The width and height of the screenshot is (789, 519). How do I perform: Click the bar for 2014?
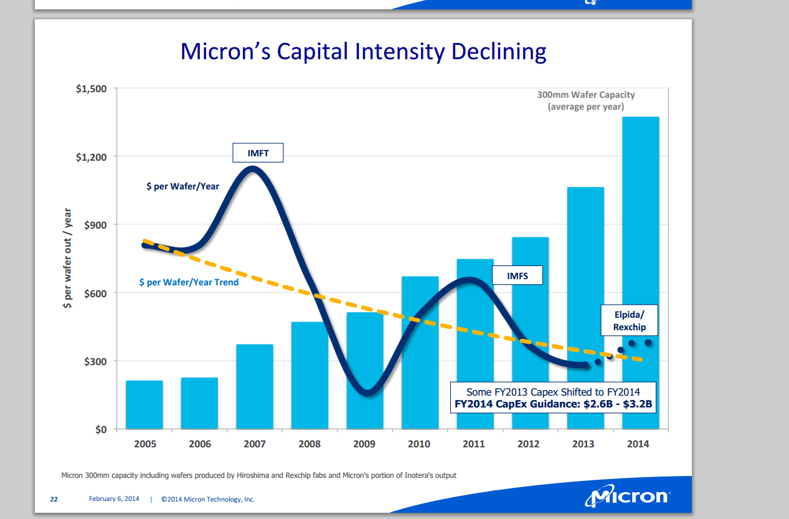tap(640, 249)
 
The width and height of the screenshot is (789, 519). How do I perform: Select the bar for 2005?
tap(144, 404)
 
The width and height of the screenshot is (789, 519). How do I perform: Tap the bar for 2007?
tap(255, 386)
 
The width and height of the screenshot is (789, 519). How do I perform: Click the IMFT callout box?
tap(258, 153)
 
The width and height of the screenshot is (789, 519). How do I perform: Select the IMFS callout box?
tap(517, 275)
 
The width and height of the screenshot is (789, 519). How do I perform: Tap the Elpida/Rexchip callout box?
tap(630, 321)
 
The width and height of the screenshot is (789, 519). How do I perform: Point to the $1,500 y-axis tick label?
tap(92, 89)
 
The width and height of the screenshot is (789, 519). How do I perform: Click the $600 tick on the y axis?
tap(96, 293)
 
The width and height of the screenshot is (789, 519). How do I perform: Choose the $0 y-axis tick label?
tap(101, 430)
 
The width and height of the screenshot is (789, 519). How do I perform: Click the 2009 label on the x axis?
tap(364, 444)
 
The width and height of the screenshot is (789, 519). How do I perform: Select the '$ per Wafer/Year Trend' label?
tap(189, 282)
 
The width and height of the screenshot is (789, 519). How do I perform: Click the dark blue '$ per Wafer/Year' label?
tap(182, 186)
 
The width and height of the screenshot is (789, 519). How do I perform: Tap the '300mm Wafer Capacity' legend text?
tap(586, 95)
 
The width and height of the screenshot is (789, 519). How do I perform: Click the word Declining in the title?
tap(499, 51)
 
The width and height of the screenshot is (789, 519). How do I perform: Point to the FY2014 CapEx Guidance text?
tap(553, 404)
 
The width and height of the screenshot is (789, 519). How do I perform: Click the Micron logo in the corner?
tap(626, 497)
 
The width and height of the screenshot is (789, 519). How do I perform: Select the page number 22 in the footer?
tap(54, 499)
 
